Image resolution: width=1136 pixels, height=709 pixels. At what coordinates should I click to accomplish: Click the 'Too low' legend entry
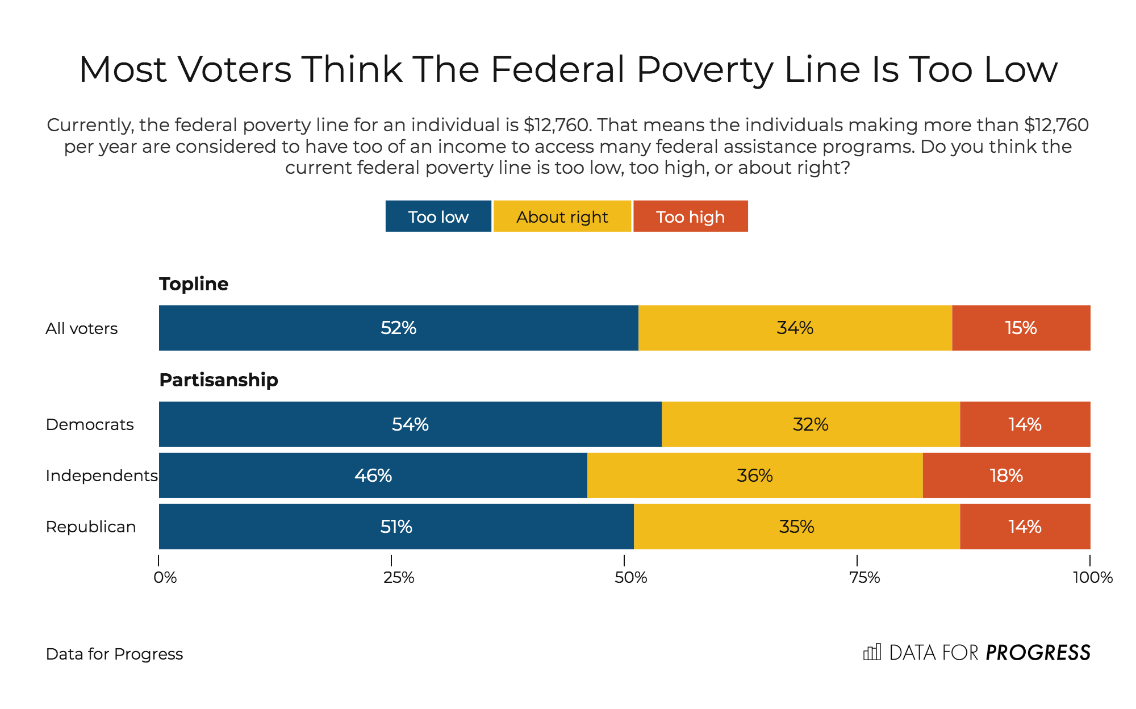click(x=438, y=216)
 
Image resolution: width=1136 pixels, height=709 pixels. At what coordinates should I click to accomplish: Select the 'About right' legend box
click(x=562, y=216)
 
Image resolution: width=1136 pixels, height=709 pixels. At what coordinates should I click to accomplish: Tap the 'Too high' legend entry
click(x=690, y=216)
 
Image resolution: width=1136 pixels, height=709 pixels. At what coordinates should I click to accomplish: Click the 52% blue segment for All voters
click(x=398, y=328)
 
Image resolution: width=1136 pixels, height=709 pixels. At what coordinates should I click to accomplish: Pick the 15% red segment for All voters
click(x=1021, y=328)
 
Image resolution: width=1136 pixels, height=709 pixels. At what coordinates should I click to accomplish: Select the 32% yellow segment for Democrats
click(x=811, y=424)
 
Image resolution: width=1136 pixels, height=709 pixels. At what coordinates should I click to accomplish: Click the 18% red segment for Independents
click(x=1006, y=476)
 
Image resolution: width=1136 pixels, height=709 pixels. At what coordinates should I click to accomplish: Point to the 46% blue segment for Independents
click(x=373, y=476)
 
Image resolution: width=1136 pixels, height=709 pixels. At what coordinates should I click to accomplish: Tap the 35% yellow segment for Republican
click(x=796, y=527)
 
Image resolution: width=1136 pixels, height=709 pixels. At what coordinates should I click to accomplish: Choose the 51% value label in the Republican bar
click(x=396, y=527)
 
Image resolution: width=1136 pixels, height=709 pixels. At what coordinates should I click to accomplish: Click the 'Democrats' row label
click(x=90, y=424)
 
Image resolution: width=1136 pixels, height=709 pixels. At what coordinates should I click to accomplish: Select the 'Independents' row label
click(x=101, y=476)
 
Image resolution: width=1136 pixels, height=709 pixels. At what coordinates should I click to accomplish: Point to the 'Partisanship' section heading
click(x=219, y=379)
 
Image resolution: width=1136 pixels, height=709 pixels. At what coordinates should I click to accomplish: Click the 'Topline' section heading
click(x=194, y=283)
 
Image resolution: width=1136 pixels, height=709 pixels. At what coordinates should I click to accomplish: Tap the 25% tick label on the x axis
click(x=399, y=578)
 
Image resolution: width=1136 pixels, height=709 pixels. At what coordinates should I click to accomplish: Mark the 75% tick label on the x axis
click(x=864, y=578)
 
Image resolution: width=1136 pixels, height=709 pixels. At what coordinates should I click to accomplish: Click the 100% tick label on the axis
click(x=1092, y=578)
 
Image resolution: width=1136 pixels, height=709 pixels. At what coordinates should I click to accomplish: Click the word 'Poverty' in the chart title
click(x=704, y=70)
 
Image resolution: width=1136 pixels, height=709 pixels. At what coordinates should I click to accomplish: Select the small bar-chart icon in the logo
click(x=872, y=652)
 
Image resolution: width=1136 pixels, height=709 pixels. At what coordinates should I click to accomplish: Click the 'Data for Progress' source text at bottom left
click(x=114, y=654)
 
